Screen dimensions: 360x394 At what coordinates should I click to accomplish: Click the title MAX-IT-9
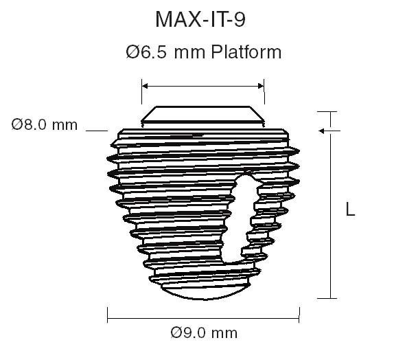(x=200, y=20)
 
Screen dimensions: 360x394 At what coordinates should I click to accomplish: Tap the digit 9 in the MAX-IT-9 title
(x=239, y=20)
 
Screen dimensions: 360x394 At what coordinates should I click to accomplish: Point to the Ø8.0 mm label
(x=45, y=125)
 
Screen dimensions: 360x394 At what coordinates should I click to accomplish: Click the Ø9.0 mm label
(x=204, y=333)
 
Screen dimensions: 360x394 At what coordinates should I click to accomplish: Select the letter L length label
(x=350, y=210)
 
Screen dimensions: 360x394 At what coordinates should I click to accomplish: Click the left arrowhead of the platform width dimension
(x=145, y=86)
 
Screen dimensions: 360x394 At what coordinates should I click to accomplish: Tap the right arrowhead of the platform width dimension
(x=261, y=86)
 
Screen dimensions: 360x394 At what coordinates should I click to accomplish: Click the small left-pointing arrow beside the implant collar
(x=321, y=130)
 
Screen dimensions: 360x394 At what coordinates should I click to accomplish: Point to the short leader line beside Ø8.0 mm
(x=98, y=129)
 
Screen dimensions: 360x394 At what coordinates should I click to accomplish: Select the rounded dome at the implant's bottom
(x=203, y=291)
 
